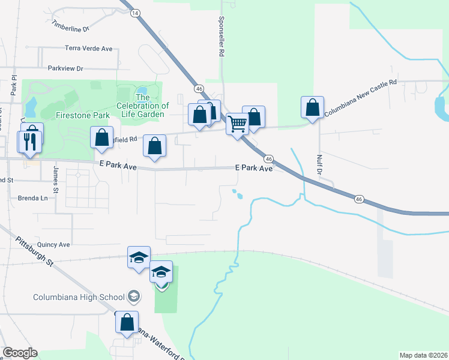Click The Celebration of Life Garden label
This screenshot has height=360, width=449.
pyautogui.click(x=143, y=106)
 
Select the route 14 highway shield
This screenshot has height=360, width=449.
pyautogui.click(x=135, y=13)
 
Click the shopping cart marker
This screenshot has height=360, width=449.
pyautogui.click(x=238, y=125)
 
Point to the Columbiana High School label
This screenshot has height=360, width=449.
pyautogui.click(x=79, y=296)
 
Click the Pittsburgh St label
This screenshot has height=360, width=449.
pyautogui.click(x=35, y=255)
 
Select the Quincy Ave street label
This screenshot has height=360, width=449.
pyautogui.click(x=53, y=245)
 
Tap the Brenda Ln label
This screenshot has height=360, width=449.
pyautogui.click(x=32, y=198)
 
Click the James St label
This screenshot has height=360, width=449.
pyautogui.click(x=56, y=179)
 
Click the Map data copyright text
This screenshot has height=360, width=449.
pyautogui.click(x=424, y=355)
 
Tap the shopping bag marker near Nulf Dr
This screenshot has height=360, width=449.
pyautogui.click(x=312, y=108)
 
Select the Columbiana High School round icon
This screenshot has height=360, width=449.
pyautogui.click(x=134, y=296)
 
